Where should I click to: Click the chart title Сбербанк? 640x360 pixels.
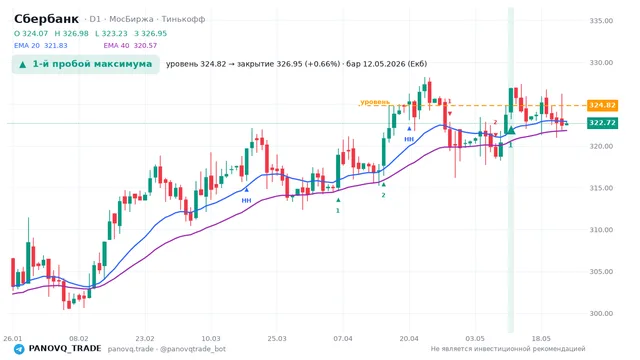point(46,19)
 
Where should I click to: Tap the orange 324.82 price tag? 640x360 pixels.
point(602,105)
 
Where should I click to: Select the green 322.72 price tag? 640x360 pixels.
point(602,123)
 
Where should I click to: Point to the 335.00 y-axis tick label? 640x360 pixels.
point(601,21)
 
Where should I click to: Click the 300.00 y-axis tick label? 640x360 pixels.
point(601,313)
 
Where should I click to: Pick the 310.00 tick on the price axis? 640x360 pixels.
point(601,230)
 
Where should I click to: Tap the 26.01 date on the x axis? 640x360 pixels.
point(13,338)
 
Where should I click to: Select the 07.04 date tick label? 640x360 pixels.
point(343,338)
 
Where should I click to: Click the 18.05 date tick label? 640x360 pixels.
point(541,338)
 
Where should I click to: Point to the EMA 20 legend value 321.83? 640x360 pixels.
point(56,46)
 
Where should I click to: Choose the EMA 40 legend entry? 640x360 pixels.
point(130,46)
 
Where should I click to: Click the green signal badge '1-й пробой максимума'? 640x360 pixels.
point(86,64)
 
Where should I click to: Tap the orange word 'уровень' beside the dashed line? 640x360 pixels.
point(375,102)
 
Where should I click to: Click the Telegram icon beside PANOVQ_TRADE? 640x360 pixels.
point(19,349)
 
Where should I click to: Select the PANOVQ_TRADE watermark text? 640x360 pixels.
point(65,349)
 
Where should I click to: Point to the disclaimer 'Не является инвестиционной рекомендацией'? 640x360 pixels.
point(508,349)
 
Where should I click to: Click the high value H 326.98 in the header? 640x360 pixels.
point(71,33)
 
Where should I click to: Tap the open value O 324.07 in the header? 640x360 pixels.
point(31,33)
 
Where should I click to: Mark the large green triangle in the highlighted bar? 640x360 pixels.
point(511,130)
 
